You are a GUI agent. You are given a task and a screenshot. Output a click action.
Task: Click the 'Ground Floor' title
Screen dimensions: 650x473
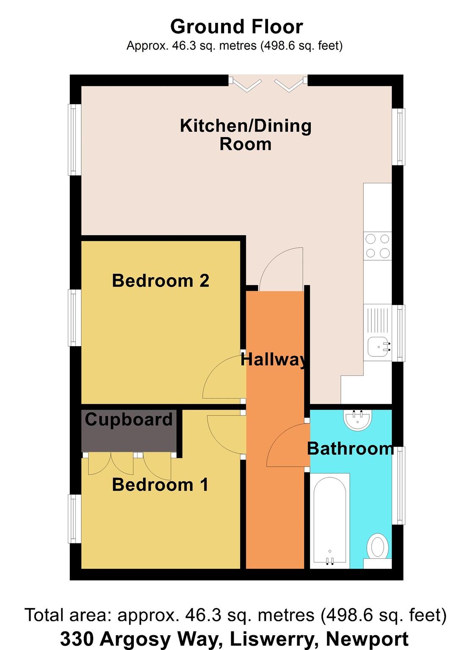236,27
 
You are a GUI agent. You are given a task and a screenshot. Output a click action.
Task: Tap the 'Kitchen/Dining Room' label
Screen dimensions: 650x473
246,135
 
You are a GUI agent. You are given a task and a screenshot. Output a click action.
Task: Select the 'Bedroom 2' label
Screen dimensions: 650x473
160,281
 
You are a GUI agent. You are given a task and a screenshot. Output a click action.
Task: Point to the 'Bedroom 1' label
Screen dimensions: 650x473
160,485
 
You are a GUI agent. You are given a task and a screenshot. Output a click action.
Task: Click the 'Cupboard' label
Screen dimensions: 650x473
129,419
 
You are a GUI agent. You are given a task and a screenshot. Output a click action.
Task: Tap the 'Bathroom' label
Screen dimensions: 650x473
351,448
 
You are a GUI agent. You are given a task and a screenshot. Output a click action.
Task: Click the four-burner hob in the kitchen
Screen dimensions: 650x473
377,246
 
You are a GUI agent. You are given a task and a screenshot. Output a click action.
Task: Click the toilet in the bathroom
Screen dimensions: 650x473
377,547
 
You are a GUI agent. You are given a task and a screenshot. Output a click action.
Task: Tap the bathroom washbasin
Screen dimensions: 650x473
358,420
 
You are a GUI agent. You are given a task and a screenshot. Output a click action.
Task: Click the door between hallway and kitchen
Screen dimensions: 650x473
281,270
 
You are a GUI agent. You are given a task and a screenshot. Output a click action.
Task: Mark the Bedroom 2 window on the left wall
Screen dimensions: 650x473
75,317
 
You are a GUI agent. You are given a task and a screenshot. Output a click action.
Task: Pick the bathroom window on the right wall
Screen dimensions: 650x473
398,485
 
